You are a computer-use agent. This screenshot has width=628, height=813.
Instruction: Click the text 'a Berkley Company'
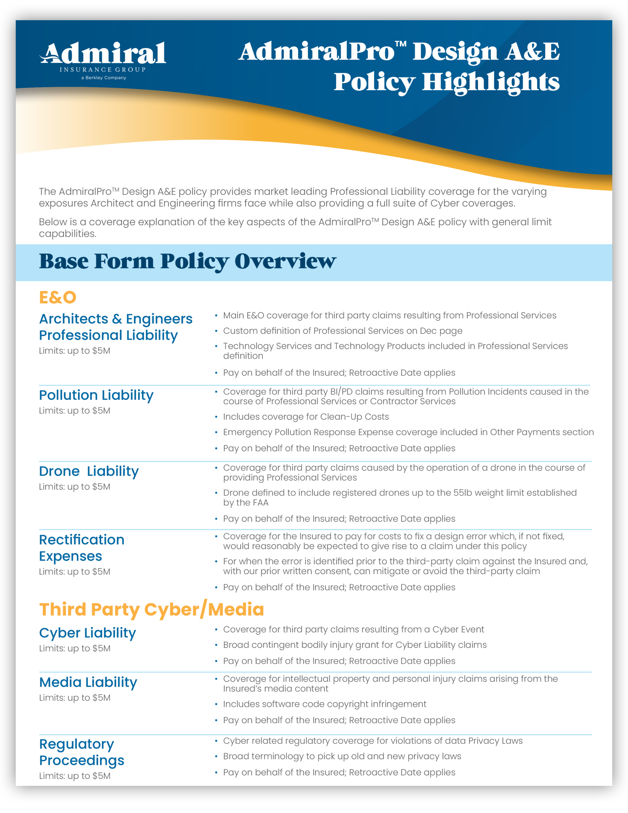104,78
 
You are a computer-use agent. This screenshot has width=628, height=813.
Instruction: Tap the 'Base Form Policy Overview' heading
187,261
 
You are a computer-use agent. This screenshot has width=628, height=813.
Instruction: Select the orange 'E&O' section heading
58,298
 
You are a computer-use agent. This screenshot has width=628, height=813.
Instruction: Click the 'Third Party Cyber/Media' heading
151,610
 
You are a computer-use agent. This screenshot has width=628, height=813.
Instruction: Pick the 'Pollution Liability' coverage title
96,395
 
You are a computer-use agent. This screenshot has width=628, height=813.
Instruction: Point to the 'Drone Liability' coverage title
89,471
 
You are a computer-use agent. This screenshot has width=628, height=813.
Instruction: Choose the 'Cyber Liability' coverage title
88,633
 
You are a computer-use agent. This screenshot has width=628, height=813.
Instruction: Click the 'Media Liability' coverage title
88,682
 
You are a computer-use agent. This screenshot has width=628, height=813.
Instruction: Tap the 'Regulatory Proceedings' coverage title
82,752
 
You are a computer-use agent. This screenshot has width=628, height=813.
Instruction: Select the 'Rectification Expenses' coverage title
82,548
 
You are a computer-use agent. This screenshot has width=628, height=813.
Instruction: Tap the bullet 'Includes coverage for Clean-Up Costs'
306,417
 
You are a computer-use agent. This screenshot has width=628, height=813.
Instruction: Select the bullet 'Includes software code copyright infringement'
324,704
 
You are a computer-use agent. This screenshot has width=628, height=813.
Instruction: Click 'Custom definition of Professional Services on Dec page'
343,331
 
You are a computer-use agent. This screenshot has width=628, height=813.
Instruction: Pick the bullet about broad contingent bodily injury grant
355,645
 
